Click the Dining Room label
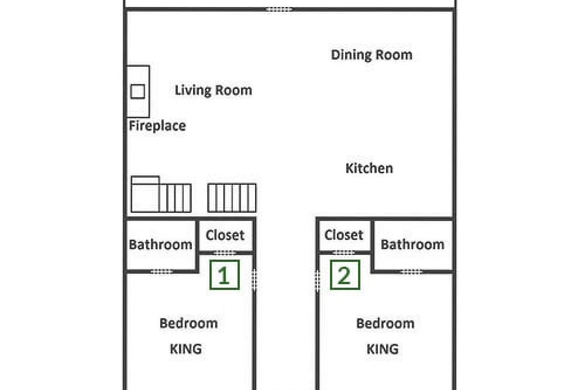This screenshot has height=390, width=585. (x=371, y=55)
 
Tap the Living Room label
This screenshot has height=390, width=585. (x=214, y=90)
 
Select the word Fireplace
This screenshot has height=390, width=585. (x=157, y=126)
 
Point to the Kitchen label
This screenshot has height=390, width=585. (x=369, y=168)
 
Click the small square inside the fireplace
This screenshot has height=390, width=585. (x=137, y=92)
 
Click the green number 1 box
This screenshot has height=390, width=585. (x=224, y=275)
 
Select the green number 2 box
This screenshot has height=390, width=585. (x=345, y=275)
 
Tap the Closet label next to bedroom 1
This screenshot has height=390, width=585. (x=225, y=235)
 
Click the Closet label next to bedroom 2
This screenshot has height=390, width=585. (x=343, y=235)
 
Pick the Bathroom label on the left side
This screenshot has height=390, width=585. (x=160, y=244)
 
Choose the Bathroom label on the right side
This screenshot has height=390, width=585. (x=412, y=244)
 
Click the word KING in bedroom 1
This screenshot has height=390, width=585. (x=186, y=349)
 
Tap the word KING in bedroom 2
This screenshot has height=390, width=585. (x=383, y=349)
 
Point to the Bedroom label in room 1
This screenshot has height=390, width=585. (x=188, y=323)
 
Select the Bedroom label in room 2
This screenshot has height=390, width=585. (x=385, y=323)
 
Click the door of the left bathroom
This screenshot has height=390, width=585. (x=161, y=271)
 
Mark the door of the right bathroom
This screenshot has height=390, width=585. (x=411, y=271)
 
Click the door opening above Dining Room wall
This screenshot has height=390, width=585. (x=278, y=9)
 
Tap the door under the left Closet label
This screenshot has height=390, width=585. (x=225, y=253)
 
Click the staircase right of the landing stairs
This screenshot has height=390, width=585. (x=232, y=198)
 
